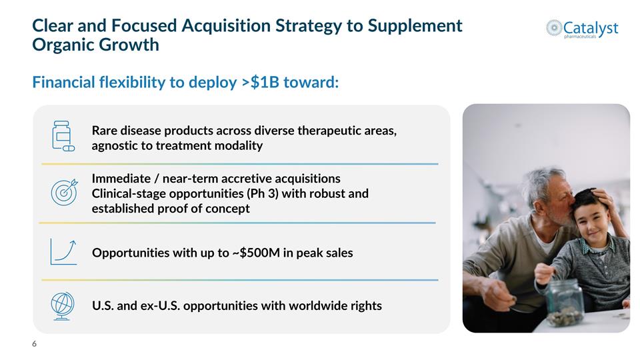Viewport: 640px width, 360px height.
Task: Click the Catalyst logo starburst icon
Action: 554,27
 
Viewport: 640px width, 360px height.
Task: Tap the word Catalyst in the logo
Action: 591,28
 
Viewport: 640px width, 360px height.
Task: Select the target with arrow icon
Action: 64,193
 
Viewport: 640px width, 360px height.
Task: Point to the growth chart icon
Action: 63,251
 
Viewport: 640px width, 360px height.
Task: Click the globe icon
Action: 63,306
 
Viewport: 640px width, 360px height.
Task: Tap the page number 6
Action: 35,344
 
